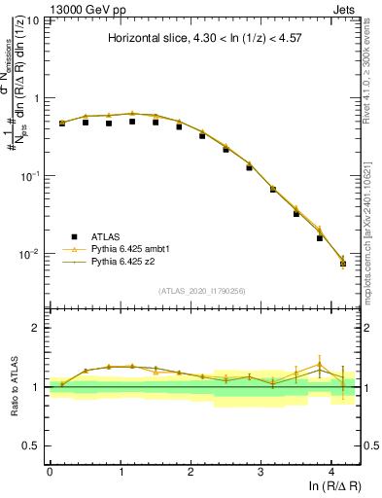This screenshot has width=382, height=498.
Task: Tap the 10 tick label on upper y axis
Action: (32, 21)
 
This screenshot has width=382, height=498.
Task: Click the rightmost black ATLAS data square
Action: (342, 264)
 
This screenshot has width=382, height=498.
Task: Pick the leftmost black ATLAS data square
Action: (62, 124)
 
